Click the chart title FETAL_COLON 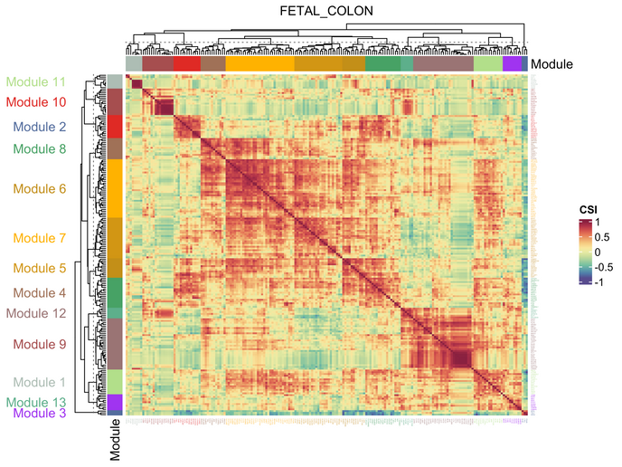pos(326,11)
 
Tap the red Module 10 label pos(36,102)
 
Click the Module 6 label pos(36,189)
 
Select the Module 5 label pos(36,268)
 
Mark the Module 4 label pos(36,293)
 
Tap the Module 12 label pos(36,313)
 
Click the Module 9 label pos(36,344)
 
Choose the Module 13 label pos(36,402)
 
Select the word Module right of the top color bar pos(551,64)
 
